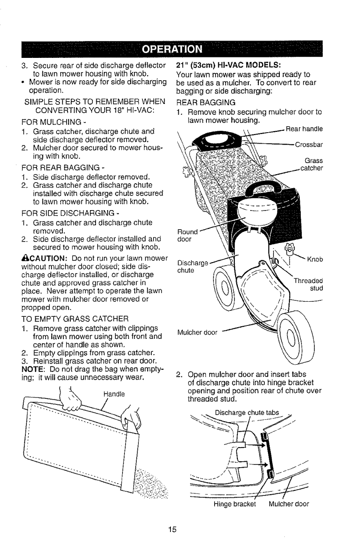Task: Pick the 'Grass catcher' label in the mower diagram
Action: [x=312, y=165]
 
